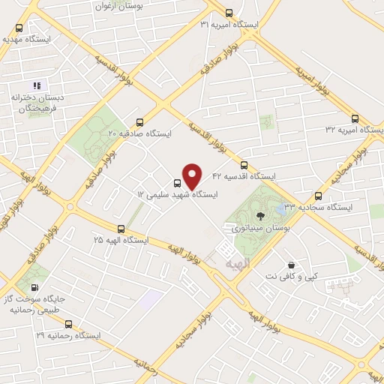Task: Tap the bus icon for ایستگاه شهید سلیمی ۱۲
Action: click(178, 182)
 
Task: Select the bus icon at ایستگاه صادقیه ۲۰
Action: click(140, 122)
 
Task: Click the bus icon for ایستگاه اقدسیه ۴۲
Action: click(243, 166)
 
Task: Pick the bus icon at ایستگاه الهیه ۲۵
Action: click(121, 229)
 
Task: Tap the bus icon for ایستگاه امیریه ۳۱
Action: click(229, 13)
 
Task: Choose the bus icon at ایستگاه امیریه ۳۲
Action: click(355, 118)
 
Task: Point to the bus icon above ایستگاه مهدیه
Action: click(19, 28)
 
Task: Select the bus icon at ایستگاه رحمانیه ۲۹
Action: click(69, 324)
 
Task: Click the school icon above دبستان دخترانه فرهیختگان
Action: click(37, 85)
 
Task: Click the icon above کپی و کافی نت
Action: click(291, 265)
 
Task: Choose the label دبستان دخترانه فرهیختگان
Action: click(37, 103)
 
